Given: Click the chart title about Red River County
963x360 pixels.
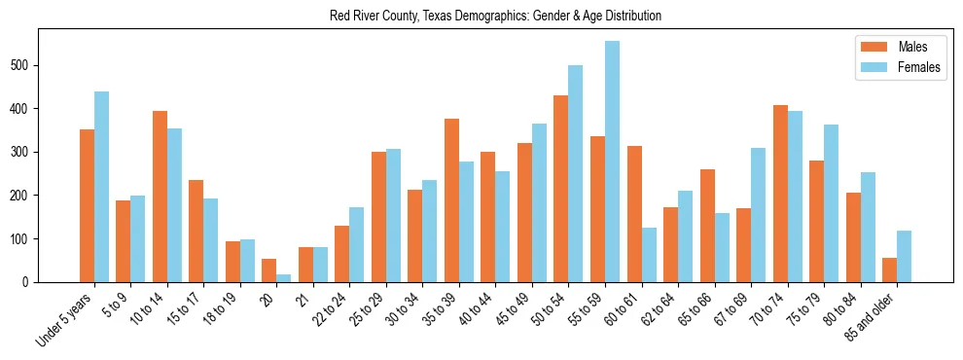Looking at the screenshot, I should [x=495, y=16].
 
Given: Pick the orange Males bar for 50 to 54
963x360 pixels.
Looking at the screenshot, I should [x=561, y=189].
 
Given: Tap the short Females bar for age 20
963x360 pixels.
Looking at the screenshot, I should [x=284, y=278].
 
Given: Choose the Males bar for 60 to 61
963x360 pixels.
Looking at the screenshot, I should [x=634, y=214].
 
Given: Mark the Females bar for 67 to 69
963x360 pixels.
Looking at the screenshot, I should [x=758, y=215].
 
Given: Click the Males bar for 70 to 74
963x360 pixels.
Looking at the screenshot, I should [x=780, y=194].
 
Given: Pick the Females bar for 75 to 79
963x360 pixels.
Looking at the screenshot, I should [x=831, y=203].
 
